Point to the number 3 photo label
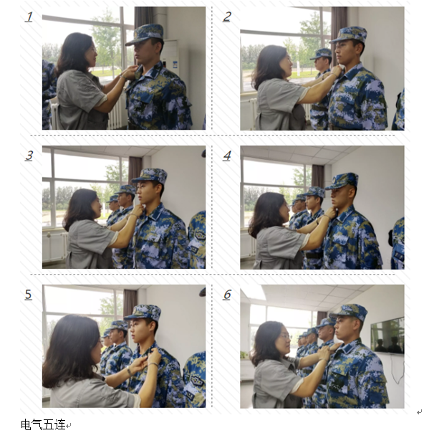[x=29, y=156]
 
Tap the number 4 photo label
[x=227, y=156]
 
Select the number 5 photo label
[x=29, y=295]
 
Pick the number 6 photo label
[x=227, y=295]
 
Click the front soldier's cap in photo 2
[x=350, y=34]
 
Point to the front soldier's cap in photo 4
[x=342, y=180]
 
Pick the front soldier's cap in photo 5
[x=143, y=312]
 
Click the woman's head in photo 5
[x=70, y=344]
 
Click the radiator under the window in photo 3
[x=54, y=247]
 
